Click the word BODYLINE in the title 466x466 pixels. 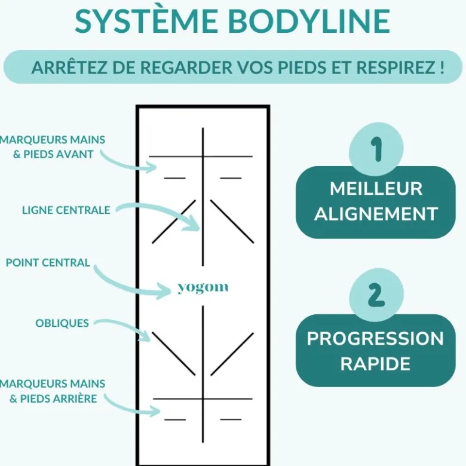[x=309, y=22]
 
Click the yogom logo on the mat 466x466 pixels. [x=203, y=288]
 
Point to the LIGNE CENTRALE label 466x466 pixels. [x=66, y=210]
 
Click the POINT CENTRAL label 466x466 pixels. [x=48, y=263]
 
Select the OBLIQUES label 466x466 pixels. [x=62, y=323]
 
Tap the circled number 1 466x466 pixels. [x=376, y=149]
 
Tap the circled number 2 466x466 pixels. [x=376, y=295]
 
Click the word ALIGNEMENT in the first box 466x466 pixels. [x=376, y=214]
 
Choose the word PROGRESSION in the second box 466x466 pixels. [x=375, y=339]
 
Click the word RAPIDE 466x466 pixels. [x=375, y=363]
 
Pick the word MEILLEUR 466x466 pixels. [x=376, y=188]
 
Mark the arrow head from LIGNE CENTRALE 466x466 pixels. [x=194, y=223]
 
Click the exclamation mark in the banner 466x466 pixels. [x=442, y=68]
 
